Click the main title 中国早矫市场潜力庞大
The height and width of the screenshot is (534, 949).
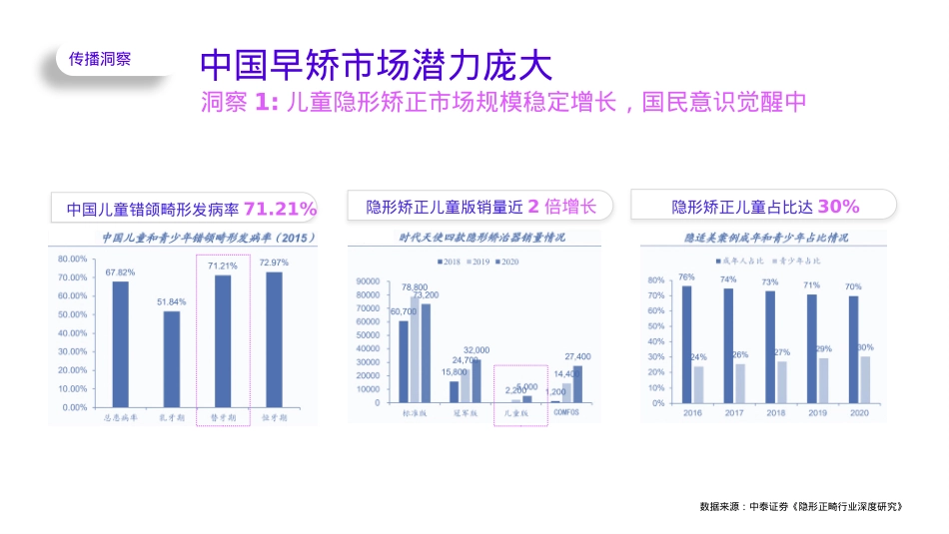pos(375,65)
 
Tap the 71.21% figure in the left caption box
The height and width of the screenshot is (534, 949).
pos(280,209)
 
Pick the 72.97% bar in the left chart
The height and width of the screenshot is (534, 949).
pos(274,339)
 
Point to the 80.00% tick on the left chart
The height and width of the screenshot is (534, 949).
pos(73,259)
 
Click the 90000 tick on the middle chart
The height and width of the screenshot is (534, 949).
pos(368,281)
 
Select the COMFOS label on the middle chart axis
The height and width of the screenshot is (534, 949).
pos(565,412)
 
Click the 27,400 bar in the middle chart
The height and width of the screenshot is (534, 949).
pos(577,383)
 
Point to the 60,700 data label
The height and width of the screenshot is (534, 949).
pos(404,311)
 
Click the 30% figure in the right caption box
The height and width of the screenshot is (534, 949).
pos(838,207)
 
